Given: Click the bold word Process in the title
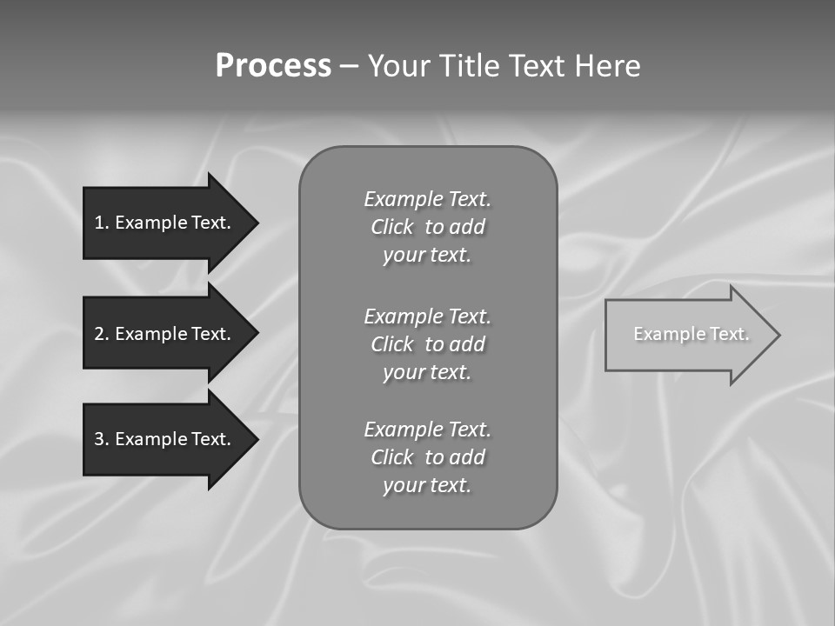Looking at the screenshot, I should [x=273, y=65].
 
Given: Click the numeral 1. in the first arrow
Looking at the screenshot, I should [x=102, y=223].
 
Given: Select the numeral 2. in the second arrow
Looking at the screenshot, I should [x=102, y=334].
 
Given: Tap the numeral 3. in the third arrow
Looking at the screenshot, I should [x=102, y=439].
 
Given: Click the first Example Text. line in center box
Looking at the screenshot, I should [x=427, y=199].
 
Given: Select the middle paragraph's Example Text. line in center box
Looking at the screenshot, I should [x=427, y=316].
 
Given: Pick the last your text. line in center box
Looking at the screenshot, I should [x=427, y=485].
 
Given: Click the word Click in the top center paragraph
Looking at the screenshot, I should [x=392, y=227].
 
